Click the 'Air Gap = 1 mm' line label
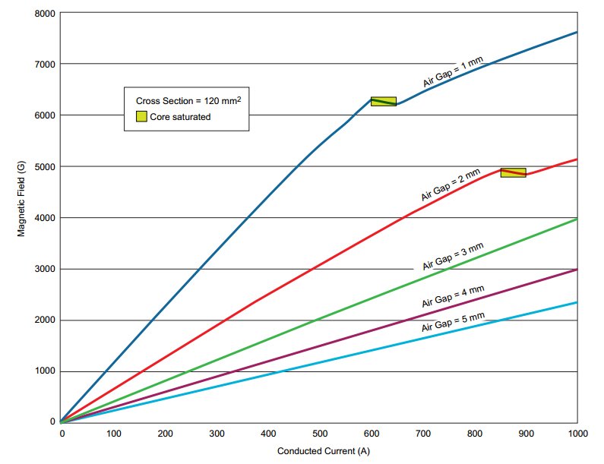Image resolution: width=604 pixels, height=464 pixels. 453,72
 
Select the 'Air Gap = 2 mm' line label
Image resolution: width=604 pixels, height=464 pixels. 451,185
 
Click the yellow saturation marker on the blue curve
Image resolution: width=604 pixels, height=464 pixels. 383,101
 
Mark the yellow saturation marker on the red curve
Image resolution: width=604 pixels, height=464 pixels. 513,172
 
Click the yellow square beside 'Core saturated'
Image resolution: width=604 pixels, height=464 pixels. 141,116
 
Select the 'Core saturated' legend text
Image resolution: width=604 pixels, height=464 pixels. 180,117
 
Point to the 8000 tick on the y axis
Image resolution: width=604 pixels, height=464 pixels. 44,13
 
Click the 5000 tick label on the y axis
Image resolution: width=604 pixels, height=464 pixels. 44,166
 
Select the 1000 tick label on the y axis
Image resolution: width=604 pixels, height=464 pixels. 44,371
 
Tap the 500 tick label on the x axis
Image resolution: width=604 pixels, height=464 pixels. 319,433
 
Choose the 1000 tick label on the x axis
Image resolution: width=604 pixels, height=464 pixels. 577,433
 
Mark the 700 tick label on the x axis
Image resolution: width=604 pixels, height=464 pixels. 422,433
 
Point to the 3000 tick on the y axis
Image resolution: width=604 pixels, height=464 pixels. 44,269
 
